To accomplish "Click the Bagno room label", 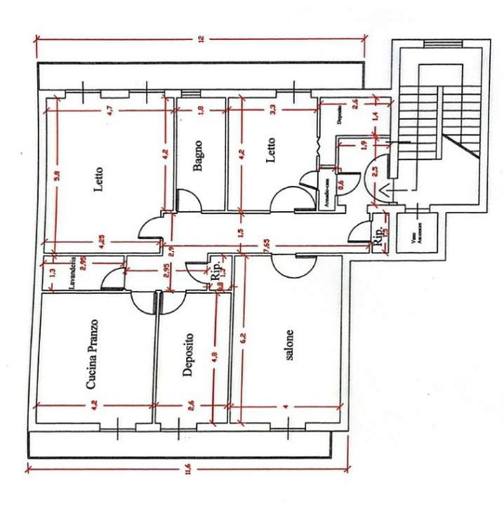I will click(x=200, y=154).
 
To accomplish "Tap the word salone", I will click(x=289, y=345).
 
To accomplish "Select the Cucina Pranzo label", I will click(x=91, y=354).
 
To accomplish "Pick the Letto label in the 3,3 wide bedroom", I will click(x=271, y=149).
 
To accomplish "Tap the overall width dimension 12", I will click(x=201, y=39).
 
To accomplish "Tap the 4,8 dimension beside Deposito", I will click(x=215, y=355).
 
